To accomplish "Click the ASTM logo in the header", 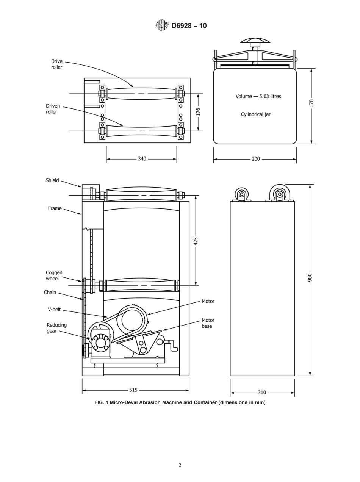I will coord(161,25).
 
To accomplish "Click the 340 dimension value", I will coord(142,159).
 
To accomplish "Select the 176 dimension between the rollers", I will coord(198,112).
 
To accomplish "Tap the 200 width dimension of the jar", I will coord(256,159).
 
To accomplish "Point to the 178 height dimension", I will coord(311,103).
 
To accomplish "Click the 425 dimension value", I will coord(196,241).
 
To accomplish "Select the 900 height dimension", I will coord(310,278).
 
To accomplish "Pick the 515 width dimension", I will coord(133,390).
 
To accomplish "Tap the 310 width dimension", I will coord(261,393).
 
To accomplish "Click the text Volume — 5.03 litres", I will coord(258,96).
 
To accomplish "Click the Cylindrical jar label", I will coord(256,114).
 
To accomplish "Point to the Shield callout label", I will coord(52,180).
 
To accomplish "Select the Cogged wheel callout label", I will coord(54,275).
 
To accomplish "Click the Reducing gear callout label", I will coord(56,328).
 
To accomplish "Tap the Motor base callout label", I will coord(208,323).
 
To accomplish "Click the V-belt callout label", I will coord(54,309).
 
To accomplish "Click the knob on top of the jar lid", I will coord(255,41).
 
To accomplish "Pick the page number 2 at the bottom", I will coord(180,465).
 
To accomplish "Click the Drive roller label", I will coord(57,64).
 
